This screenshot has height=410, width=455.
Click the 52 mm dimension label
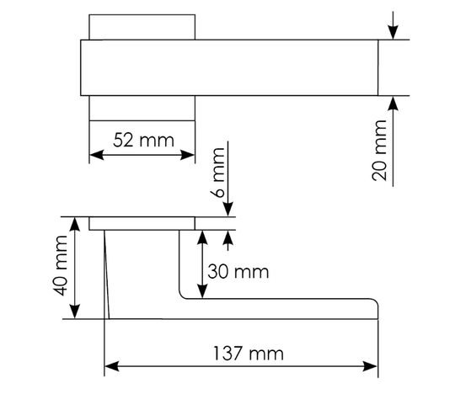click(143, 141)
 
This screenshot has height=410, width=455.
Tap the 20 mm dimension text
click(379, 151)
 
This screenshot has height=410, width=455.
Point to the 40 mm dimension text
click(61, 266)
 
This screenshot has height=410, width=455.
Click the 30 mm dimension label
click(238, 272)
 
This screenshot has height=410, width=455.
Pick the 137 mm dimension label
click(249, 354)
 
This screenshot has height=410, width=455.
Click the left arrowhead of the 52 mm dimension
click(96, 155)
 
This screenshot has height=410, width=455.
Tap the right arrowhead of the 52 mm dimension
click(187, 155)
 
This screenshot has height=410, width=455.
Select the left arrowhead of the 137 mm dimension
click(112, 366)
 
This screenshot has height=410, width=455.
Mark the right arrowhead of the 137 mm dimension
click(371, 366)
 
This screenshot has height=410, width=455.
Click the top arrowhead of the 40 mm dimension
click(75, 224)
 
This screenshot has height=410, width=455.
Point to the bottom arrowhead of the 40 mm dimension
click(75, 311)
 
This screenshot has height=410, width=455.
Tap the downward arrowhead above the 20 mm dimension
click(393, 33)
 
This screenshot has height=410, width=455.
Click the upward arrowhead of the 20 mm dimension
click(393, 104)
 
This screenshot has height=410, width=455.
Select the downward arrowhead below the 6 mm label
click(228, 210)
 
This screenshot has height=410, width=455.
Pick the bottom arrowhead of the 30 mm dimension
click(202, 291)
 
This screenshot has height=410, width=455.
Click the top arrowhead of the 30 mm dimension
click(202, 237)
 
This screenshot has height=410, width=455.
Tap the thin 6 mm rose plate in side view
click(142, 223)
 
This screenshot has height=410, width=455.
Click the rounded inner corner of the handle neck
click(182, 296)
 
